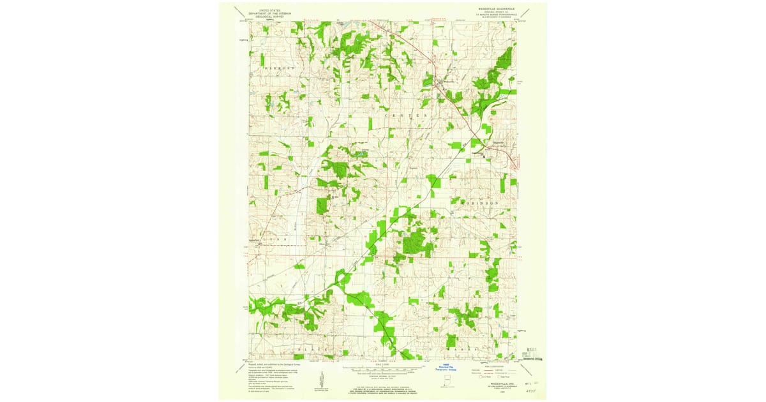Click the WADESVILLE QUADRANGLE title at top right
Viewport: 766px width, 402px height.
500,9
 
